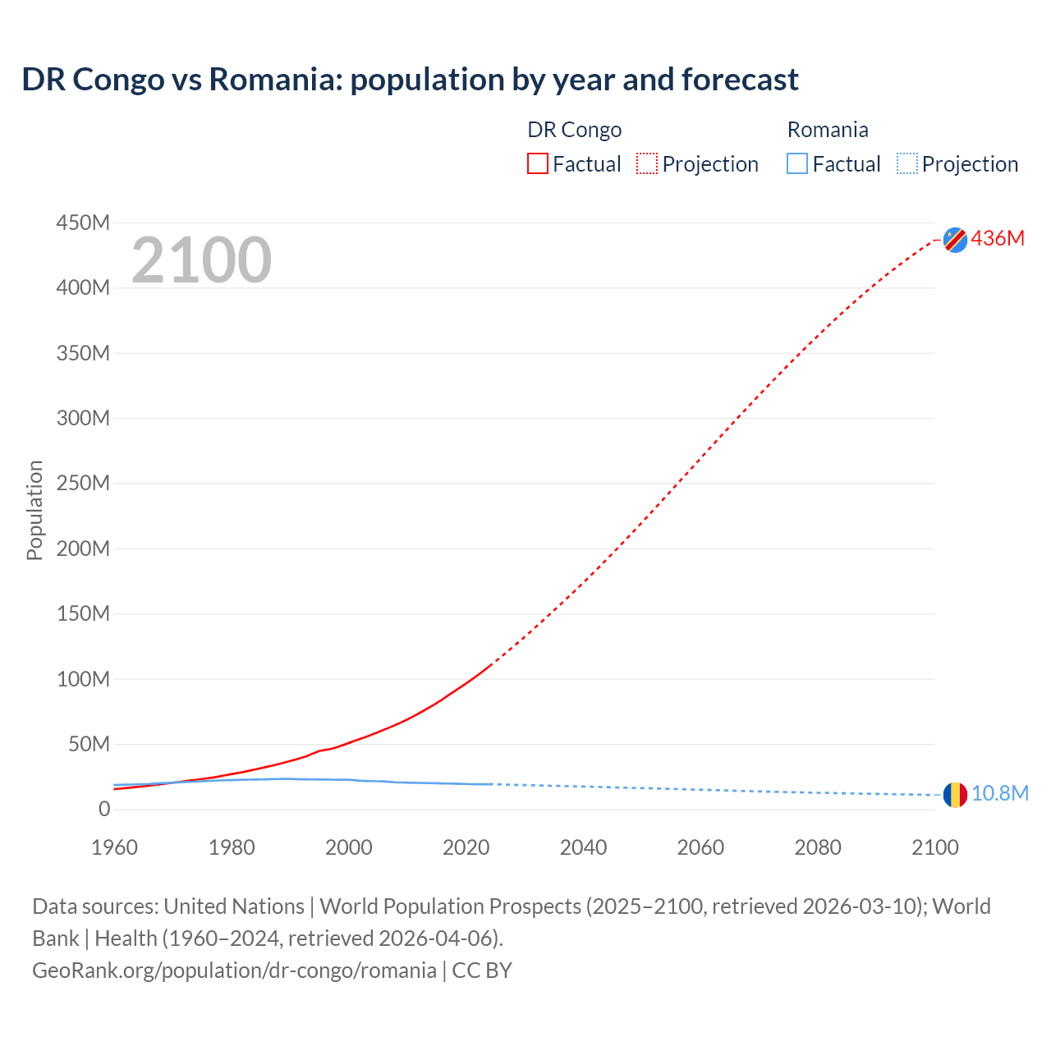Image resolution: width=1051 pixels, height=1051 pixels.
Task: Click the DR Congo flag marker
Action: [x=955, y=239]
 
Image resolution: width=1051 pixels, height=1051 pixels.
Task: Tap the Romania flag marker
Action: [x=955, y=794]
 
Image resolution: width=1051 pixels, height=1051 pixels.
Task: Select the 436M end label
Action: [x=998, y=239]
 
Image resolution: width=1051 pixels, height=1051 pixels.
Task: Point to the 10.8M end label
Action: [x=999, y=794]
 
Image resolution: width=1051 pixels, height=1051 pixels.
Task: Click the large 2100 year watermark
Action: [x=201, y=260]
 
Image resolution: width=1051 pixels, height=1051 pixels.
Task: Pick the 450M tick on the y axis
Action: [x=83, y=223]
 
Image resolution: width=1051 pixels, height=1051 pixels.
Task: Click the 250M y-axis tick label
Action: [x=83, y=484]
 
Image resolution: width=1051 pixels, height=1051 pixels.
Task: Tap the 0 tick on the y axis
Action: [x=103, y=810]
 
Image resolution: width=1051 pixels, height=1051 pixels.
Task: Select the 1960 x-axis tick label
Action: [x=114, y=847]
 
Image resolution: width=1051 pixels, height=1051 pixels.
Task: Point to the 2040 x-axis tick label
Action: [x=583, y=847]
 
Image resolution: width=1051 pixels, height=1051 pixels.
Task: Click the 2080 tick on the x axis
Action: [x=818, y=847]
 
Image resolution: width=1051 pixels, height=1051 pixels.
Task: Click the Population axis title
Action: [x=34, y=511]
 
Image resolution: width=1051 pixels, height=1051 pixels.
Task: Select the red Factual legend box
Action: [x=538, y=164]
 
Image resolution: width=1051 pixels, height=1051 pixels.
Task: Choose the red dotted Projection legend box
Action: [x=647, y=164]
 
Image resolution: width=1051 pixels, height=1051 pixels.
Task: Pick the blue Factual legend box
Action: [x=797, y=164]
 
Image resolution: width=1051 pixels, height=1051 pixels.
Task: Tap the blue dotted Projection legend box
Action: [x=907, y=164]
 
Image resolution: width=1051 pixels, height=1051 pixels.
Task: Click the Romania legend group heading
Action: [x=828, y=130]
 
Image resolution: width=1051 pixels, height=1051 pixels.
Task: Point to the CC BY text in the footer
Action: [x=482, y=971]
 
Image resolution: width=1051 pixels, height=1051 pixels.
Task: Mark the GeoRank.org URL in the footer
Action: [x=234, y=971]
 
